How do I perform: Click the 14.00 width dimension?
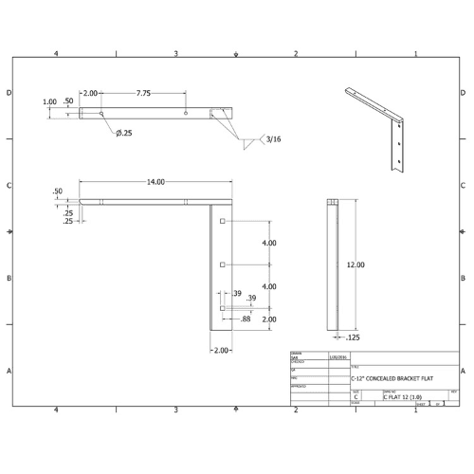155,182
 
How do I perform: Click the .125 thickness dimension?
352,336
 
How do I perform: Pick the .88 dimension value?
246,319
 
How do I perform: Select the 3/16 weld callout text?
274,139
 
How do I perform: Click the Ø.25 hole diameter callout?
123,133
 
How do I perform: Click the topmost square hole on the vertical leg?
221,221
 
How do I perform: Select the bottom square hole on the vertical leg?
221,308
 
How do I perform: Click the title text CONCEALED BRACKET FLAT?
393,377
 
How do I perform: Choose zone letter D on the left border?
9,93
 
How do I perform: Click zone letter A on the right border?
463,371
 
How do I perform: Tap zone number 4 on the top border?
56,54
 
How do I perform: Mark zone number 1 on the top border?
416,54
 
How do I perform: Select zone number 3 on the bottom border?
176,410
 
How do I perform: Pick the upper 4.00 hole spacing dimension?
269,243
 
